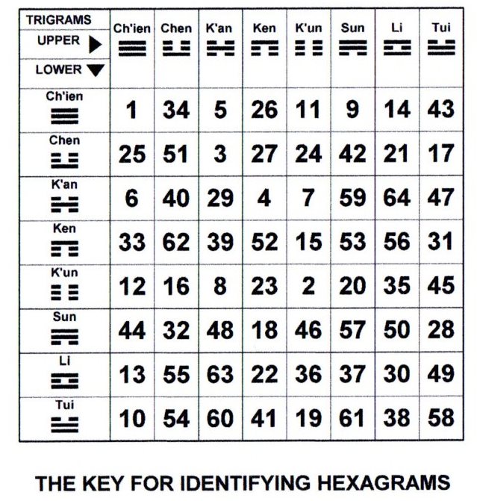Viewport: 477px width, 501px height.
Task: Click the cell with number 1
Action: click(132, 110)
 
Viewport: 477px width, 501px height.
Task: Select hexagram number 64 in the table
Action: click(396, 199)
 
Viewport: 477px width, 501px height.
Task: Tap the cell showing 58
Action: click(442, 418)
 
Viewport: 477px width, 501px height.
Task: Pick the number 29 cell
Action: click(220, 199)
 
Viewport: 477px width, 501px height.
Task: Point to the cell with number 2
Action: click(308, 287)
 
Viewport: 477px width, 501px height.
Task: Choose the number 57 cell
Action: click(352, 330)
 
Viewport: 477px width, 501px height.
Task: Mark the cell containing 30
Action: click(396, 374)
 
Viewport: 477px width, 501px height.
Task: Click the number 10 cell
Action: click(132, 418)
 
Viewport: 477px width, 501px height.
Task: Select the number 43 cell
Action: click(442, 110)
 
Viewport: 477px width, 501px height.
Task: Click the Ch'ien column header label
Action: click(132, 28)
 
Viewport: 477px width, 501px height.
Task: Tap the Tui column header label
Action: click(442, 28)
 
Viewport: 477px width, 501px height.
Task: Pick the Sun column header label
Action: click(352, 28)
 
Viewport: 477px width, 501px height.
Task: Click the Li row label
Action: click(65, 360)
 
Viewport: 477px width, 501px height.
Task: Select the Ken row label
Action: click(65, 228)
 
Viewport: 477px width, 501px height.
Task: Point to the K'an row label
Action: click(65, 184)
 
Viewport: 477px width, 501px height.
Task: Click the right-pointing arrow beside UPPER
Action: click(95, 45)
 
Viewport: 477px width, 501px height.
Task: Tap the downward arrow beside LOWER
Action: click(96, 71)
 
